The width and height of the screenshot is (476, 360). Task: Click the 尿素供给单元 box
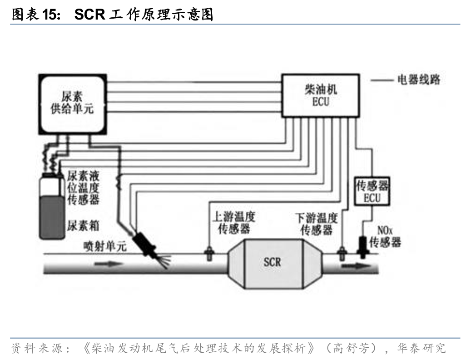pos(73,104)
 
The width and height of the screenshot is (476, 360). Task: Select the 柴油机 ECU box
pos(321,96)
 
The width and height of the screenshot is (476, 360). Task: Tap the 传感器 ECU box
pos(372,191)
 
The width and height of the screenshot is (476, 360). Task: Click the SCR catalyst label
pos(273,262)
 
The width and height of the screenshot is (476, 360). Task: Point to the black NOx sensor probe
pos(362,247)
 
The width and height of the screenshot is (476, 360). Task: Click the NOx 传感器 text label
pos(385,237)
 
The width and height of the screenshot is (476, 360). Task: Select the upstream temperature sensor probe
pos(209,253)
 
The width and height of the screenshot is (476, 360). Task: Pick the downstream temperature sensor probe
pos(342,253)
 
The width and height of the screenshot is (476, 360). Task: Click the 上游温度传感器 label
pos(234,223)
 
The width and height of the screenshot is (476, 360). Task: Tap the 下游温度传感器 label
pos(317,224)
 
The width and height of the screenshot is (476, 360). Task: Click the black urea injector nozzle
pos(145,244)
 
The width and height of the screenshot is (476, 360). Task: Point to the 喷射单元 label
pos(105,246)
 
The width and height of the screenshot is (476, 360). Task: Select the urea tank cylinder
pos(52,206)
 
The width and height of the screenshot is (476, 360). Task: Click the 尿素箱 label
pos(83,225)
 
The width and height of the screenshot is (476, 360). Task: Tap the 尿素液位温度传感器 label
pos(83,188)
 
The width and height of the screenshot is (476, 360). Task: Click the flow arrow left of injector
pos(109,263)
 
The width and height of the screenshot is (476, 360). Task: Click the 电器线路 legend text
pos(419,80)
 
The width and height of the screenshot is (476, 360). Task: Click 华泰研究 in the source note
pos(421,348)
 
